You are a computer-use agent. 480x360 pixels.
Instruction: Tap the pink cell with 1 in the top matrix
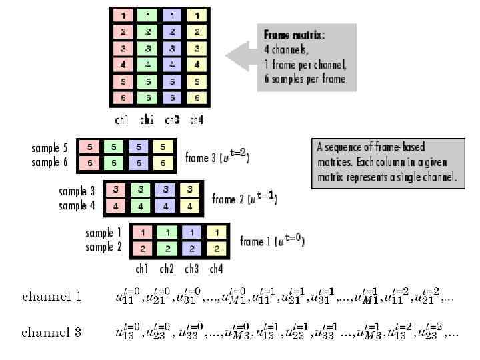tap(123, 15)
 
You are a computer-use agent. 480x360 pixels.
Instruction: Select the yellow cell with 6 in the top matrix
tap(197, 97)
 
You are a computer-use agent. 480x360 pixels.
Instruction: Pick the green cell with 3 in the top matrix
tap(147, 48)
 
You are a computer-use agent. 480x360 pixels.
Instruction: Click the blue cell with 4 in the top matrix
tap(172, 65)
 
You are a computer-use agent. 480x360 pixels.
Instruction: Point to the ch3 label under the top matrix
tap(172, 120)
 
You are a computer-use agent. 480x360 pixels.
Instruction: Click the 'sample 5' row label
tap(49, 147)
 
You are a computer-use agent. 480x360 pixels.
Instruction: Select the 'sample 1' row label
tap(103, 233)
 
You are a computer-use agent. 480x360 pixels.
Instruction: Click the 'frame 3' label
tap(217, 158)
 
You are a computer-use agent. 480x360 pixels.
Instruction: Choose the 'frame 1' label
tap(272, 241)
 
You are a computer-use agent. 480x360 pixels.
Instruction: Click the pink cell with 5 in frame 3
tap(90, 147)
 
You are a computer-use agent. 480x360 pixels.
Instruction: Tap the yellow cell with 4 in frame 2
tap(189, 206)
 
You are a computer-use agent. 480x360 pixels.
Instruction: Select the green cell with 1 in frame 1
tap(167, 233)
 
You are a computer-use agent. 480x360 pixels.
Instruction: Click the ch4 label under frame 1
tap(215, 269)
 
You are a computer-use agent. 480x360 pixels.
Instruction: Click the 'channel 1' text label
tap(51, 297)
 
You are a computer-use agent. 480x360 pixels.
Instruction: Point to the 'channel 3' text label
tap(51, 331)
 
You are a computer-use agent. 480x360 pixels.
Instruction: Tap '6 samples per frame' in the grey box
tap(305, 79)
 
